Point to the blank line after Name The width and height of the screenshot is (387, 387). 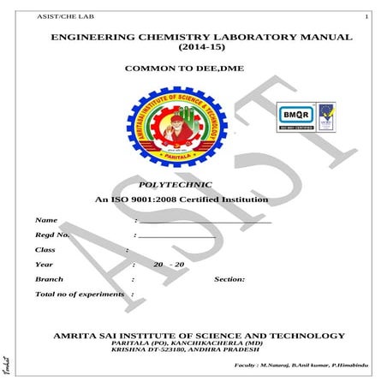pos(205,222)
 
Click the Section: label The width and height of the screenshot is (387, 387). pos(229,279)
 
